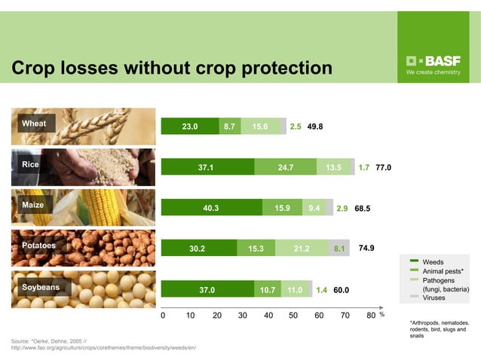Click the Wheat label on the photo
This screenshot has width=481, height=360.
pyautogui.click(x=34, y=124)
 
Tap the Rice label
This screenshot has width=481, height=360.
pyautogui.click(x=31, y=164)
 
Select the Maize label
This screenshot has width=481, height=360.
pyautogui.click(x=33, y=205)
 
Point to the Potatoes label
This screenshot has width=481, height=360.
pyautogui.click(x=38, y=246)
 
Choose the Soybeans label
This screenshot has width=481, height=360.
pyautogui.click(x=40, y=287)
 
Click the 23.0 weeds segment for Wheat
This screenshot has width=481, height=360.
pyautogui.click(x=190, y=127)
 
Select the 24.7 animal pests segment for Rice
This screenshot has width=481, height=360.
pyautogui.click(x=285, y=167)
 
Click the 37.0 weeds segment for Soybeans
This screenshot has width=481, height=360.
pyautogui.click(x=207, y=289)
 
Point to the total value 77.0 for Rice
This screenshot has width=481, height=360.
pyautogui.click(x=383, y=167)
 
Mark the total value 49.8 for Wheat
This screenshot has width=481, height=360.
pyautogui.click(x=315, y=127)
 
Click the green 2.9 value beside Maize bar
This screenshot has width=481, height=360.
pyautogui.click(x=342, y=208)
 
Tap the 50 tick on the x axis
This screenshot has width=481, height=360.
pyautogui.click(x=293, y=316)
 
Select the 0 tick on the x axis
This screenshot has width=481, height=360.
pyautogui.click(x=163, y=316)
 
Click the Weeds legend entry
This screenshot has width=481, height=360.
pyautogui.click(x=433, y=261)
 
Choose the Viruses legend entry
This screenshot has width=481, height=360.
pyautogui.click(x=434, y=297)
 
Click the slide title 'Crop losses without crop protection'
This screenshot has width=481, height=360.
pyautogui.click(x=171, y=69)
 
